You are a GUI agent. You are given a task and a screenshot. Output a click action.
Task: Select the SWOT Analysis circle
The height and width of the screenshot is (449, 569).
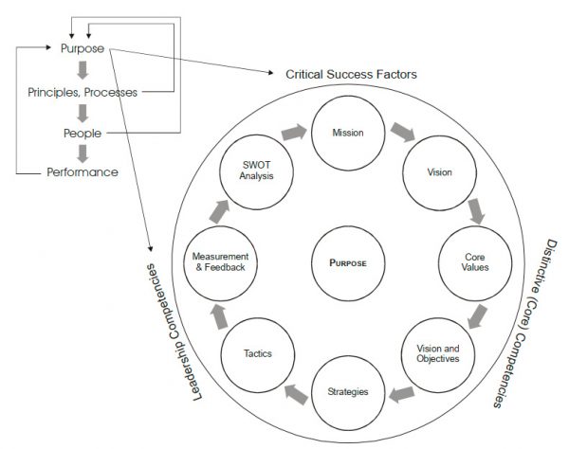[x=251, y=173]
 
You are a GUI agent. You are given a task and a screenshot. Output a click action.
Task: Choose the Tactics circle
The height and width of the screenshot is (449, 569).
[x=251, y=353]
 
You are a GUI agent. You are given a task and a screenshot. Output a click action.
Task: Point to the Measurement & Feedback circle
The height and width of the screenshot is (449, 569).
[x=219, y=262]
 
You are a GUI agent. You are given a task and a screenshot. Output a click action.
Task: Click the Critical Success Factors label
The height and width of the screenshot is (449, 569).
[x=353, y=74]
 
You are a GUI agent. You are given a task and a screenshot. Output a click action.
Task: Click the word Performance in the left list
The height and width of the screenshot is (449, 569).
[x=83, y=172]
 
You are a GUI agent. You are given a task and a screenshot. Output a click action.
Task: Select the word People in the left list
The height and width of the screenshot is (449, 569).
[x=82, y=133]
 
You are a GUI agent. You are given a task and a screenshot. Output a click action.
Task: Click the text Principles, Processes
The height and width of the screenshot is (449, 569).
[x=82, y=92]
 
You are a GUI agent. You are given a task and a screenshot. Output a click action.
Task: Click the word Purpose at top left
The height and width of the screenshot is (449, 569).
[x=82, y=49]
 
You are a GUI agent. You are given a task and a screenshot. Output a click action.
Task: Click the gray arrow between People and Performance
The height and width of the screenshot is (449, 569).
[x=83, y=153]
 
